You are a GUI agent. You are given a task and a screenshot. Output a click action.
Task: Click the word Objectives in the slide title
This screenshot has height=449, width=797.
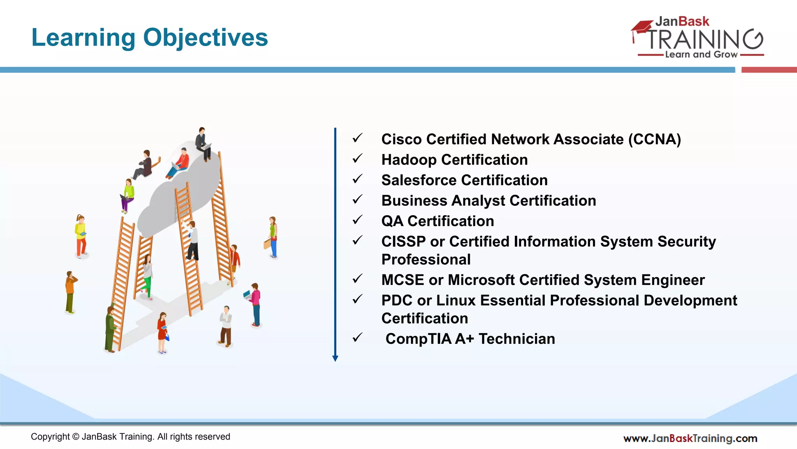(x=205, y=38)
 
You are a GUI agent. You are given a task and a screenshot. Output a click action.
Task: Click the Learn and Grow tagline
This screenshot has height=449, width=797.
(x=701, y=55)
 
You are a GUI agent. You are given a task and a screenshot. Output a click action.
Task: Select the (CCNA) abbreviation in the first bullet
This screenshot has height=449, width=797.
(x=655, y=140)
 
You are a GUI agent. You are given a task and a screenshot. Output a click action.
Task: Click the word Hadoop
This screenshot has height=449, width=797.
(x=409, y=160)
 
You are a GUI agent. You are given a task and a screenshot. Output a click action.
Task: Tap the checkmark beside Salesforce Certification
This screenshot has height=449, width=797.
(x=357, y=179)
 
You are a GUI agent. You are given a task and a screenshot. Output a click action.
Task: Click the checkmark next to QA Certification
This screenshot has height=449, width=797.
(x=357, y=220)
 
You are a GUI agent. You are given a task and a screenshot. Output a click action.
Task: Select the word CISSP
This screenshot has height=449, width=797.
(x=403, y=242)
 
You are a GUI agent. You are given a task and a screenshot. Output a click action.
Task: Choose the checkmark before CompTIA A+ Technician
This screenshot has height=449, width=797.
(x=357, y=338)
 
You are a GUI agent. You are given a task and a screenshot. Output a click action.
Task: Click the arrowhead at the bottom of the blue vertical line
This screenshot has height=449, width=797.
(x=335, y=358)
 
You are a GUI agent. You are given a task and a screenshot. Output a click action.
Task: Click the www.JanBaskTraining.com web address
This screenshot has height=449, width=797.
(x=690, y=438)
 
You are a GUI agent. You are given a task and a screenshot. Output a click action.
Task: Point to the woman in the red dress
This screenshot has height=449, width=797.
(x=162, y=331)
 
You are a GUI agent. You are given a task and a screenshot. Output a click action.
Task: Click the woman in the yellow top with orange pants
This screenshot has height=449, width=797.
(x=81, y=236)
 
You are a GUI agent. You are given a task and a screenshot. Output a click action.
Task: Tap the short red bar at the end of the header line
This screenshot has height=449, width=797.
(x=769, y=70)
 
